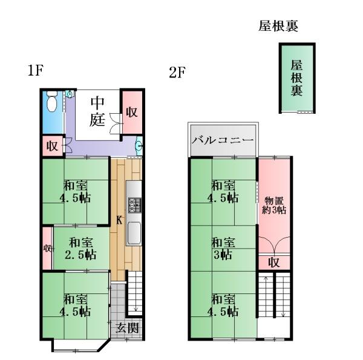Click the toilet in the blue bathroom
[x=52, y=101]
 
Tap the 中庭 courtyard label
[x=97, y=111]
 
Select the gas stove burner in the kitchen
[x=134, y=205]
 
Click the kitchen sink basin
[x=134, y=233]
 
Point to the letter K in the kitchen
[x=119, y=220]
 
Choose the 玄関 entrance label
[x=127, y=328]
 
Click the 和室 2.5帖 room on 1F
[x=81, y=248]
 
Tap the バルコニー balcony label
[x=223, y=140]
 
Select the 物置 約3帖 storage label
[x=274, y=206]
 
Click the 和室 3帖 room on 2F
[x=223, y=248]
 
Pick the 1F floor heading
[x=36, y=70]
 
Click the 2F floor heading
[x=177, y=73]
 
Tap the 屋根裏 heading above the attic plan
[x=278, y=26]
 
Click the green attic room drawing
[x=297, y=78]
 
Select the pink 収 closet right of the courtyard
[x=132, y=113]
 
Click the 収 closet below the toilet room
[x=53, y=146]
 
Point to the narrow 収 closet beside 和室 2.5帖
[x=47, y=249]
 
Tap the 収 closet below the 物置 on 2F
[x=274, y=263]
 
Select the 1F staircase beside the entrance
[x=135, y=292]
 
